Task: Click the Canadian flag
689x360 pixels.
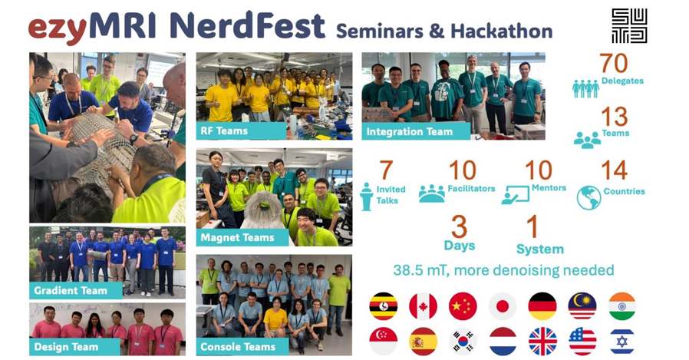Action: click(423, 306)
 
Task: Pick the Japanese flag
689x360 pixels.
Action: click(503, 306)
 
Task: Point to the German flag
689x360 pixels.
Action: click(542, 306)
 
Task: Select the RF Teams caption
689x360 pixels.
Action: click(223, 130)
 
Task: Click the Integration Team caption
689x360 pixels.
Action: click(410, 131)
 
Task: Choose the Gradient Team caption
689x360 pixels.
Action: click(71, 290)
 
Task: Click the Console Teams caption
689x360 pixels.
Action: click(239, 346)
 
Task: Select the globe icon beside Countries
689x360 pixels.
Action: click(589, 197)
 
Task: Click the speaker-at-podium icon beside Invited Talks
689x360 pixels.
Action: click(367, 197)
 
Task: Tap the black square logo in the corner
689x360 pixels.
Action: click(629, 26)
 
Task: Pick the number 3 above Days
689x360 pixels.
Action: click(459, 228)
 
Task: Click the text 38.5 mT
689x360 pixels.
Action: click(421, 270)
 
